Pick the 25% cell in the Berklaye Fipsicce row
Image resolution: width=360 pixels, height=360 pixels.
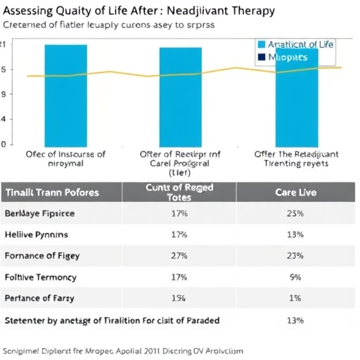295,213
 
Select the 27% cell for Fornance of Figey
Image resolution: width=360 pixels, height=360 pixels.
179,256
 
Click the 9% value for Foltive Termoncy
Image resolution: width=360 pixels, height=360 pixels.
295,277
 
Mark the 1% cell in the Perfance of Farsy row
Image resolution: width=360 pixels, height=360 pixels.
295,298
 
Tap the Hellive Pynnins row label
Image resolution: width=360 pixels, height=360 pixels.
39,234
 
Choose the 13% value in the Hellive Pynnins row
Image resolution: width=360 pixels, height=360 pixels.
295,234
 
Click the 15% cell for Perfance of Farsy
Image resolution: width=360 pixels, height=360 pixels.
179,298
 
